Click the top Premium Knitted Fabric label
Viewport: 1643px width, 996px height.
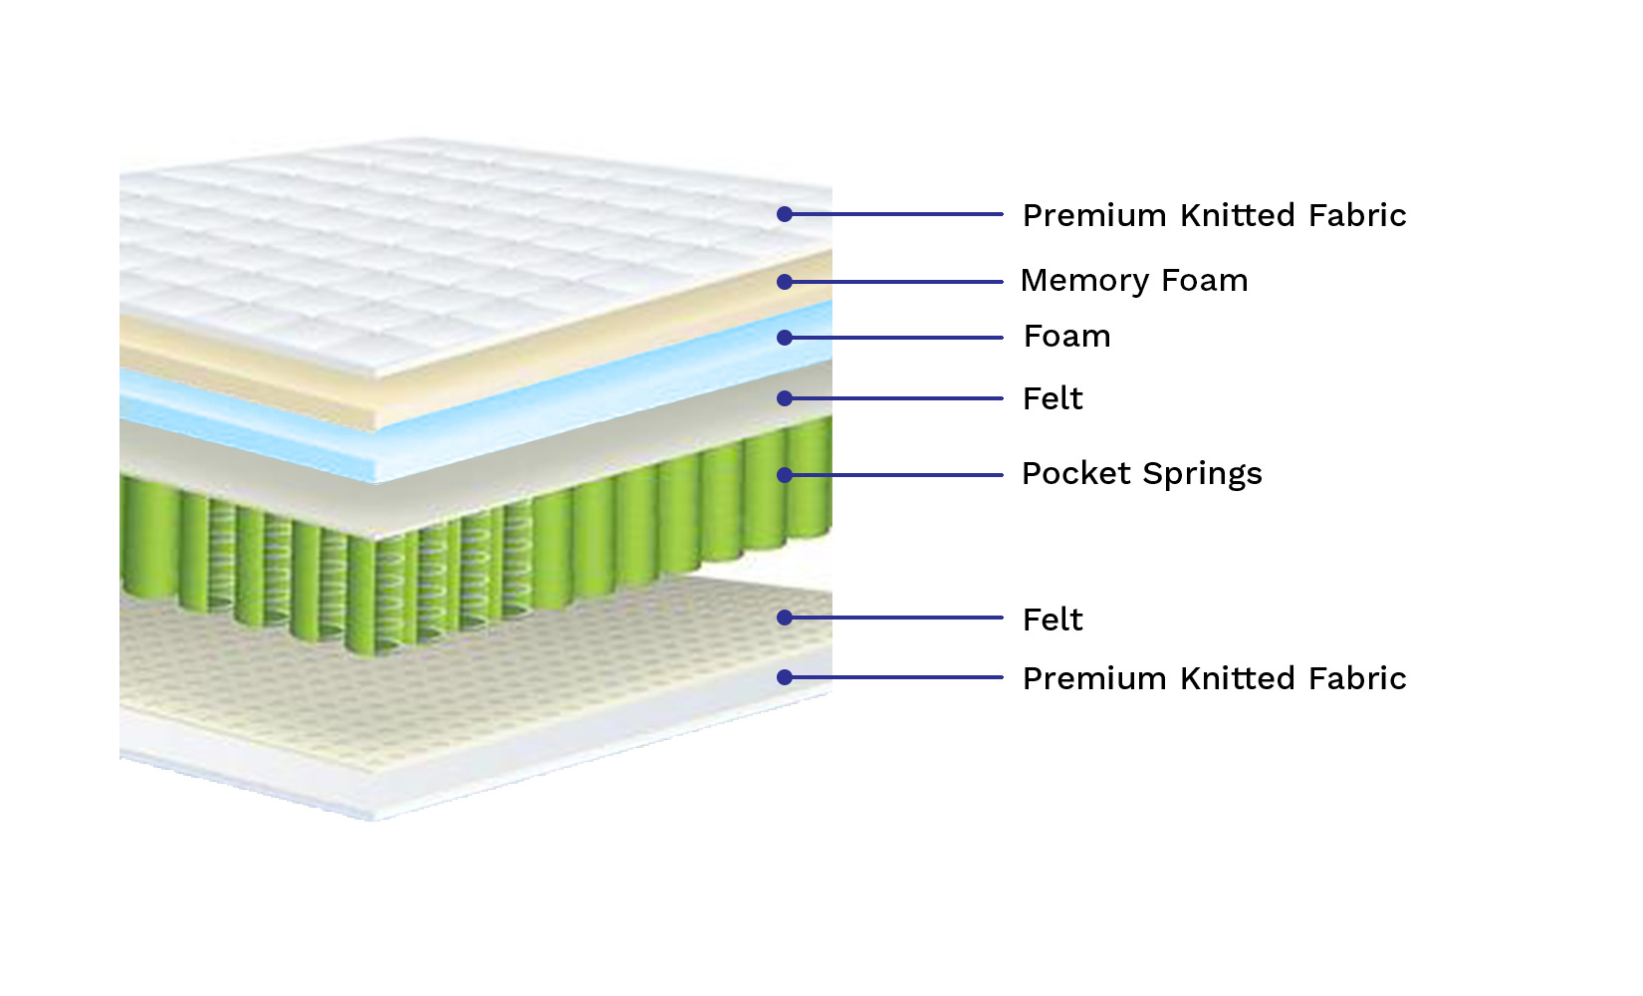[1214, 215]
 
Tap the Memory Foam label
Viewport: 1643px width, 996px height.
[1134, 280]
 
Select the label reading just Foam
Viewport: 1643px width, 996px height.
[1066, 337]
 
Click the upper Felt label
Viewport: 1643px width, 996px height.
[1052, 399]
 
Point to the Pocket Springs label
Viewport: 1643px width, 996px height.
[1141, 474]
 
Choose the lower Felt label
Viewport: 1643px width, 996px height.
[1052, 620]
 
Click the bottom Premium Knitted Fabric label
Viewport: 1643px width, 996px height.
[1214, 678]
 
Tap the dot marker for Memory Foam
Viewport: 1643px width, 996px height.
[785, 282]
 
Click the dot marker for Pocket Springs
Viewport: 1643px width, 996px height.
[785, 475]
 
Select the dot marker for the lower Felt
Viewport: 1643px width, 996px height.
[785, 618]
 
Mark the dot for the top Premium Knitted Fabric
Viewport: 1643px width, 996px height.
[785, 214]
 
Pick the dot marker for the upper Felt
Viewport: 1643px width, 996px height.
[785, 398]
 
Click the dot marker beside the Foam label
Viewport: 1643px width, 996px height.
[785, 338]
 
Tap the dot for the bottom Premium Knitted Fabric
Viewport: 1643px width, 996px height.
[785, 677]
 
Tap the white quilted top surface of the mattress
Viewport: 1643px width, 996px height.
[440, 257]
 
